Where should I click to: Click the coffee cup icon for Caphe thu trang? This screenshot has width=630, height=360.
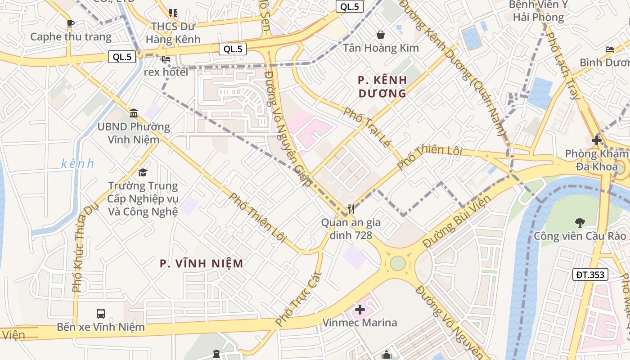tap(70, 23)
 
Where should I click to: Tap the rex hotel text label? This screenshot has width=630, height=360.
tap(166, 72)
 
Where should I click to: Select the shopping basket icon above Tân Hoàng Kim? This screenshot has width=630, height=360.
tap(381, 35)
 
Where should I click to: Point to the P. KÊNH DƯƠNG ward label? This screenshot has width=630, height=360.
tap(382, 87)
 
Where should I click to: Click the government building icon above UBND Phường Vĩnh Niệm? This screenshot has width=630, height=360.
tap(134, 113)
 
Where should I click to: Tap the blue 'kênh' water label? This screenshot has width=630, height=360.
tap(78, 163)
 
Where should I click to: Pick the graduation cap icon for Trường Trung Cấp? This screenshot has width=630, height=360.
tap(143, 172)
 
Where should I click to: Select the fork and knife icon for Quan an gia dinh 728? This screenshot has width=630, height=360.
tap(351, 209)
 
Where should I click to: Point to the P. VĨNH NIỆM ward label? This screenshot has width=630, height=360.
tap(202, 264)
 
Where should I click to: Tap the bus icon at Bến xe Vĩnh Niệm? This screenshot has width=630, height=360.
tap(101, 313)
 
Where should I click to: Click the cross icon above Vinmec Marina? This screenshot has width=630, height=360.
tap(360, 310)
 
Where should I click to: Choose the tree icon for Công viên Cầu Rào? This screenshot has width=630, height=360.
tap(580, 222)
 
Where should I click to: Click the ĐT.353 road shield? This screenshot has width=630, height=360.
tap(590, 274)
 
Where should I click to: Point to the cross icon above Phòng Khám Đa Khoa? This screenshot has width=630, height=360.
tap(597, 140)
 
